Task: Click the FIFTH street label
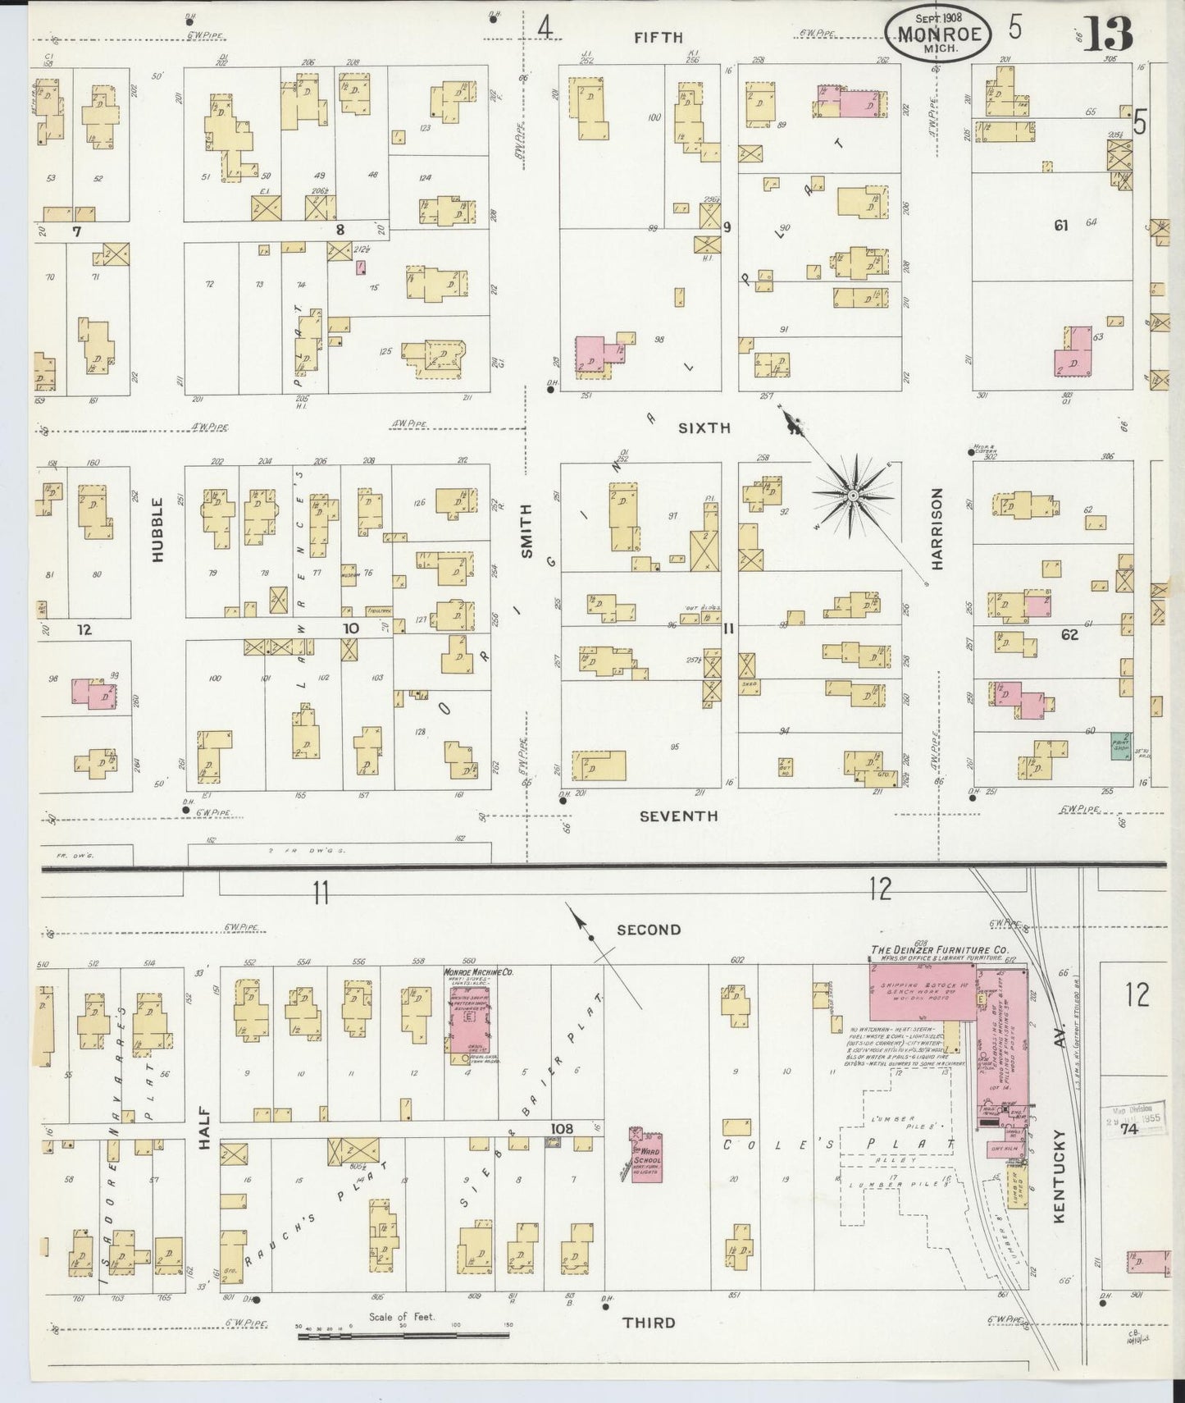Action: (658, 37)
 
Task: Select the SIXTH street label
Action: (704, 427)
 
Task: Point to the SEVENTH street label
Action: (678, 816)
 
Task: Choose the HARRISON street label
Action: (937, 529)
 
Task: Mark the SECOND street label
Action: (649, 930)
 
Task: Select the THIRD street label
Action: (649, 1323)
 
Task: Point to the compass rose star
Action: (853, 496)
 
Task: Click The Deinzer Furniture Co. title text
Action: (939, 950)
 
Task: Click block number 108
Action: (562, 1129)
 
